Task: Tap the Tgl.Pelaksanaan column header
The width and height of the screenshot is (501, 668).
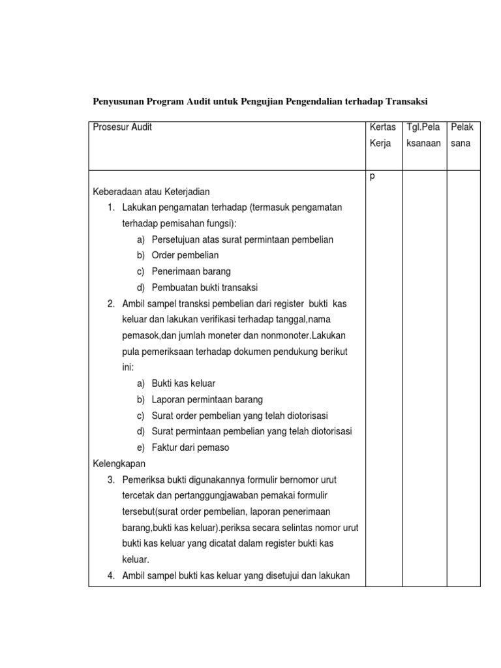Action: click(x=423, y=135)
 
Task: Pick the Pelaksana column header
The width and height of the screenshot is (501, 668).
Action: click(x=462, y=135)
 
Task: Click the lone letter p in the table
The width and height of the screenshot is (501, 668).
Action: click(x=372, y=176)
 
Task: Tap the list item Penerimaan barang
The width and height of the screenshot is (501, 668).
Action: click(x=191, y=271)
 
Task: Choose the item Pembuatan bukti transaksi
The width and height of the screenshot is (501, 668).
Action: click(x=205, y=287)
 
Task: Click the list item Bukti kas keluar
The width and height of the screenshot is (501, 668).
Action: click(x=183, y=383)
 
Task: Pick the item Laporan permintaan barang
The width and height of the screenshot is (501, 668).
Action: click(x=207, y=399)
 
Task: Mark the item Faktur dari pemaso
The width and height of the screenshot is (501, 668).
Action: click(x=190, y=447)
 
